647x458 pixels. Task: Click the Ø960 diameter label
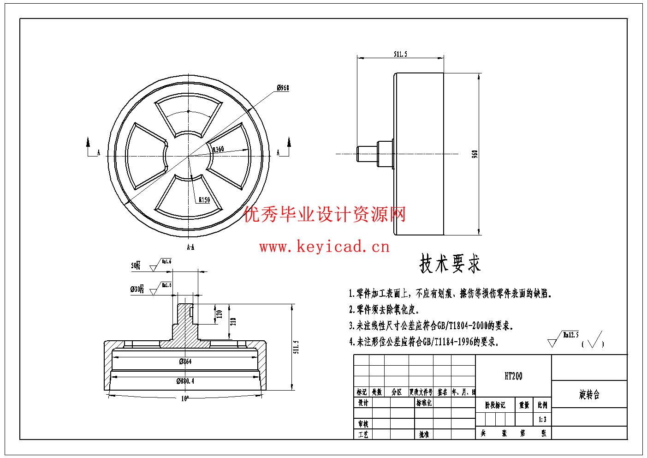coord(283,88)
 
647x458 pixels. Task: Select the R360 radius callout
coord(218,149)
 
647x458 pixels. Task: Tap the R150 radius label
coord(204,200)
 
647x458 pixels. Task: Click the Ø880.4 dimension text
coord(185,381)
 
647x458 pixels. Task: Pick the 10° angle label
coord(185,398)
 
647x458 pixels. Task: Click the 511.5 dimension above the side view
coord(400,54)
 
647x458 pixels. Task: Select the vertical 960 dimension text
coord(475,154)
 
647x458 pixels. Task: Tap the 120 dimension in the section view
coord(220,314)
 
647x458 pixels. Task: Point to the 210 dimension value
coord(233,321)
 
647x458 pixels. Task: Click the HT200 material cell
coord(513,376)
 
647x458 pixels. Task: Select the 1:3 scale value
coord(542,420)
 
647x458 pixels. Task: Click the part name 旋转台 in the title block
coord(589,395)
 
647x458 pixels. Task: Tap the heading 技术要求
coord(450,264)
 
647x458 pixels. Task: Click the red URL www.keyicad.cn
coord(324,247)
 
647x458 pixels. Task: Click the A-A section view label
coord(190,247)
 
